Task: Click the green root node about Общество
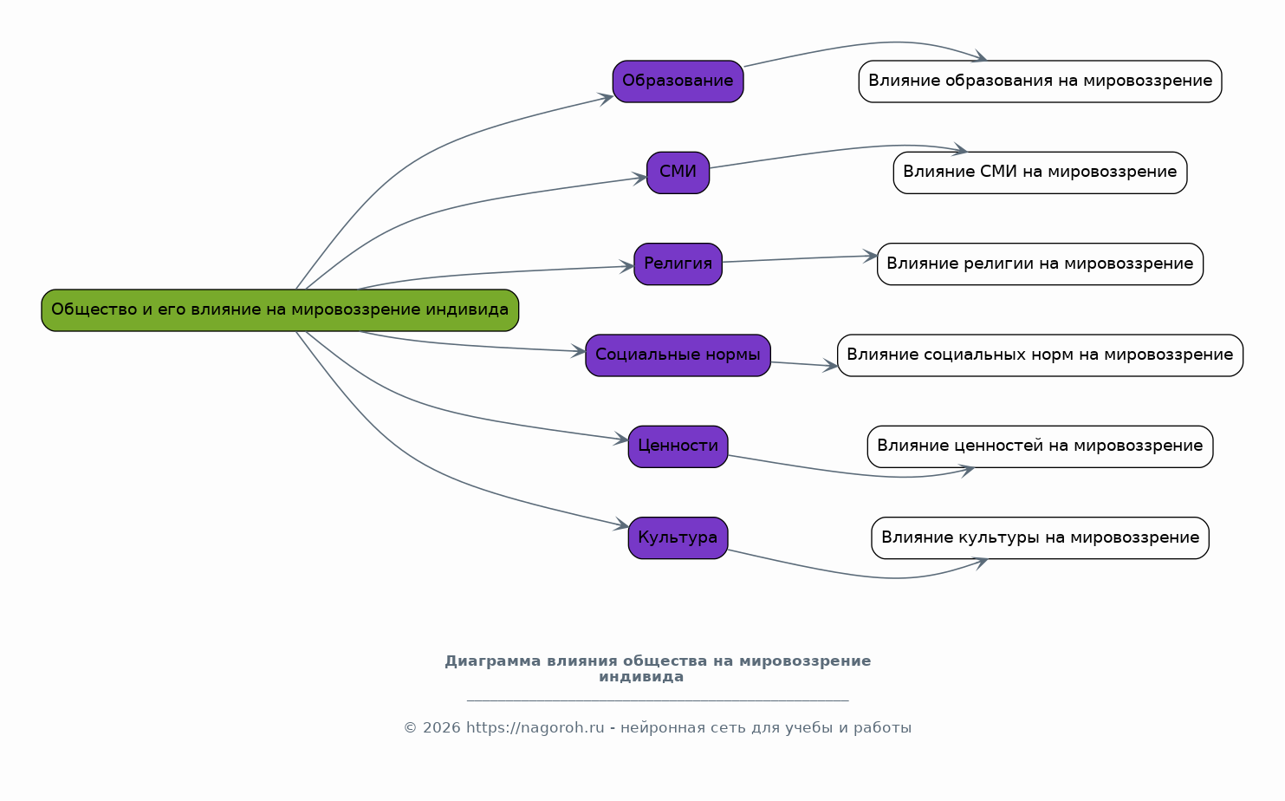pos(279,310)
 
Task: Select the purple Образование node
pos(678,81)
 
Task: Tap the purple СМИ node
pos(678,173)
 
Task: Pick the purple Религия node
pos(678,264)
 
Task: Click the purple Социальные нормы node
pos(678,355)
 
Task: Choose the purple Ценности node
pos(678,446)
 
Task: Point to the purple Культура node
pos(678,538)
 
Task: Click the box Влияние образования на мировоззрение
pos(1040,81)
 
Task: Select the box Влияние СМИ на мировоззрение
pos(1040,173)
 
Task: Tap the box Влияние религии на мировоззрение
pos(1040,264)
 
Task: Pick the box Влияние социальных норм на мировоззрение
pos(1040,355)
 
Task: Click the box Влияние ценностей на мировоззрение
pos(1040,446)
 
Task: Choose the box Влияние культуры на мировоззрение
pos(1040,538)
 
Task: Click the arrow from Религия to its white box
pos(797,259)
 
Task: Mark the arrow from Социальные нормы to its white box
pos(803,365)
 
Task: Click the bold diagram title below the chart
pos(657,669)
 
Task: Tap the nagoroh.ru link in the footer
pos(535,728)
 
